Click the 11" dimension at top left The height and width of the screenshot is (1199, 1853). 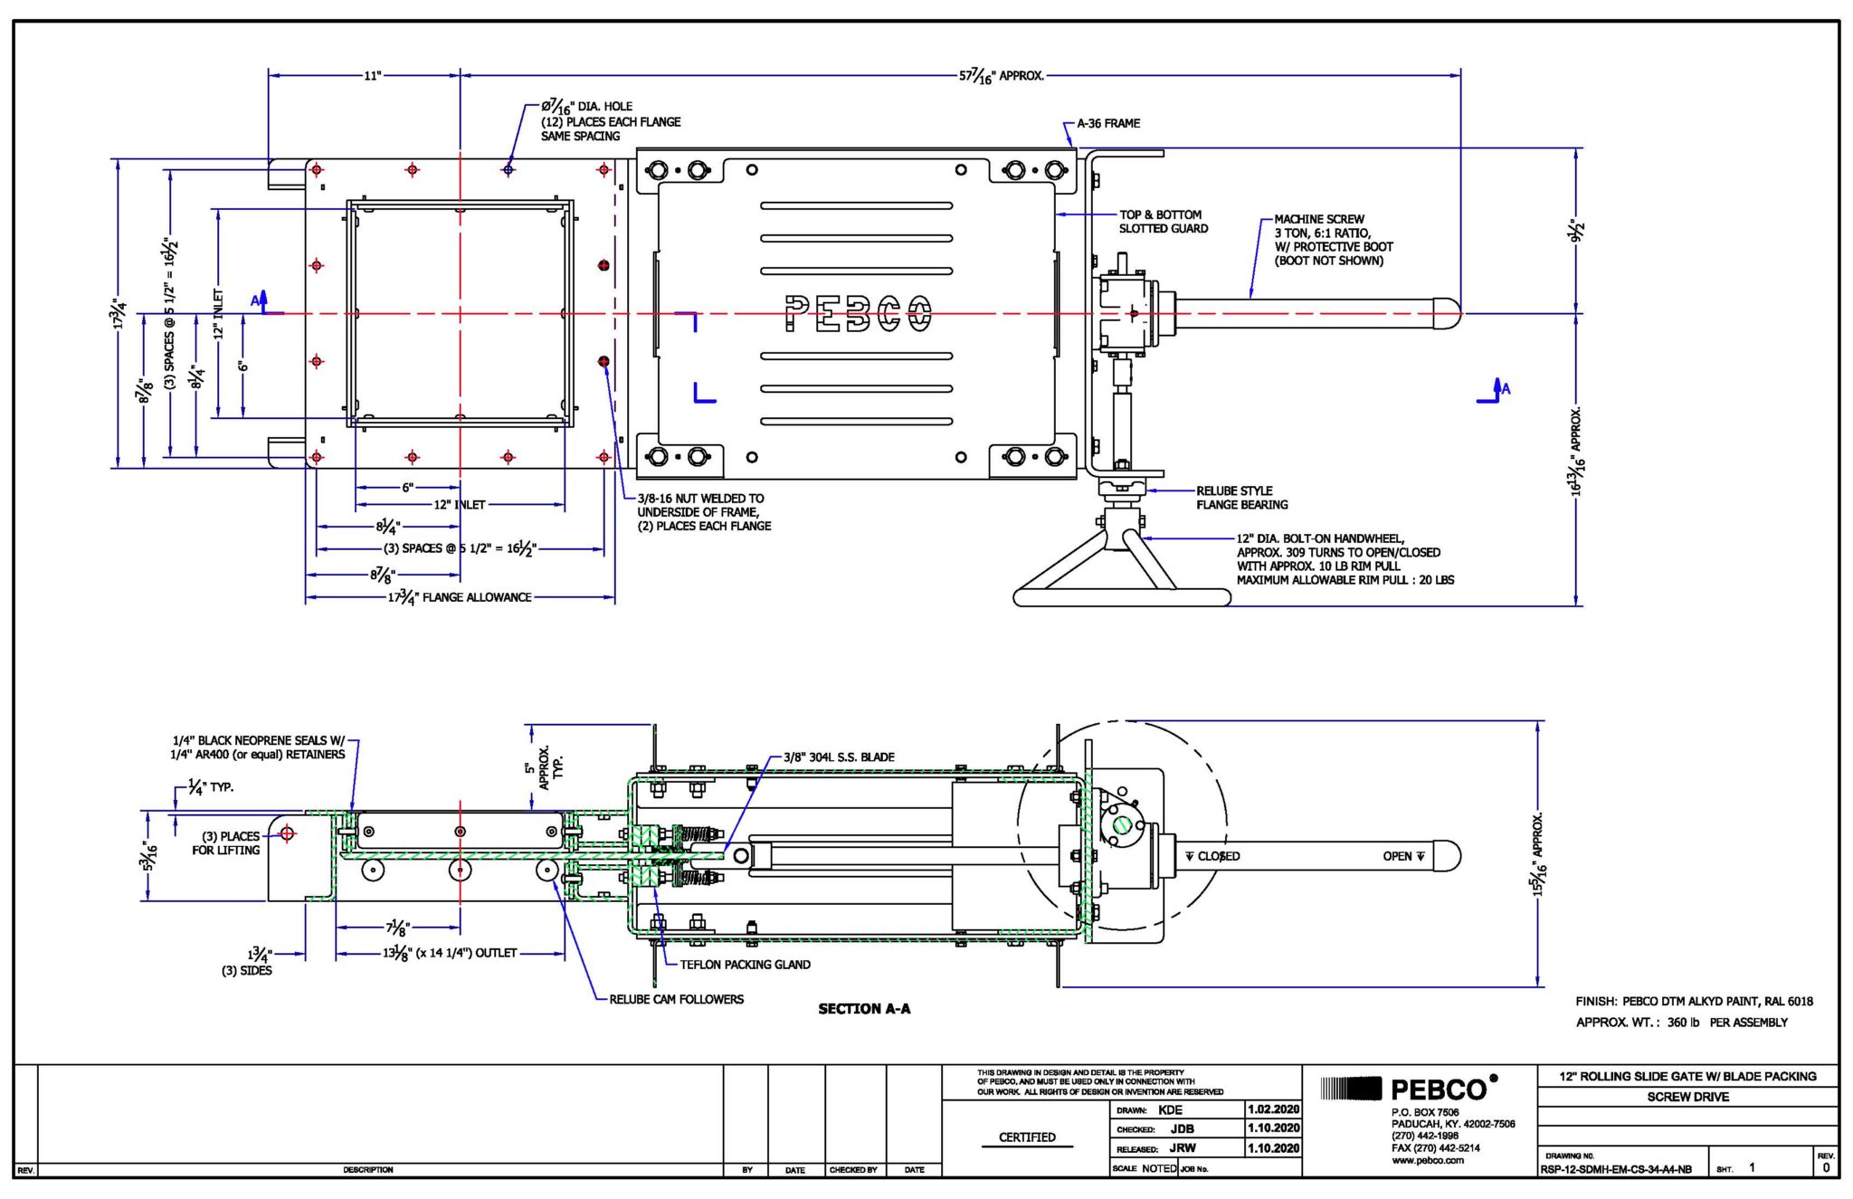click(x=372, y=76)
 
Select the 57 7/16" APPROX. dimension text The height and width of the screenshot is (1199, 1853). click(x=1001, y=76)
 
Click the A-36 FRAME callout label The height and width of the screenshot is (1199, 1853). click(x=1107, y=123)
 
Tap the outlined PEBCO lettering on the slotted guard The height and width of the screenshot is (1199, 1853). click(x=857, y=314)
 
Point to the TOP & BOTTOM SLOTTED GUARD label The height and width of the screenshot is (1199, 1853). click(x=1163, y=222)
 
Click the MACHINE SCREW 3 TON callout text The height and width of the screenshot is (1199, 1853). click(x=1333, y=240)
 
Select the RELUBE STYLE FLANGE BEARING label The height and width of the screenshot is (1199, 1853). click(x=1241, y=498)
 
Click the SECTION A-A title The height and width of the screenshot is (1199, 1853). click(x=864, y=1008)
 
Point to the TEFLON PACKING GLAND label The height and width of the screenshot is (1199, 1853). click(x=745, y=965)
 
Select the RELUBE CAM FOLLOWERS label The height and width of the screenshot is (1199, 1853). click(x=676, y=999)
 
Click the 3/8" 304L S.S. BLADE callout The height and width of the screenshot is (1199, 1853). click(x=838, y=757)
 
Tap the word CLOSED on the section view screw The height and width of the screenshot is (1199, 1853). click(x=1218, y=856)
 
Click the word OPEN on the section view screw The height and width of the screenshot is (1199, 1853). click(x=1397, y=856)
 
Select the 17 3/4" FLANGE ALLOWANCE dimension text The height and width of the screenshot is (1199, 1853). click(x=460, y=597)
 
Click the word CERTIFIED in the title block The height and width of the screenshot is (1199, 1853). click(x=1027, y=1137)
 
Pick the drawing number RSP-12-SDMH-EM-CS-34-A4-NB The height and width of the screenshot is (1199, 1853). click(x=1616, y=1169)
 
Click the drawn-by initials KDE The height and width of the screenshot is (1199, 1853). click(x=1170, y=1109)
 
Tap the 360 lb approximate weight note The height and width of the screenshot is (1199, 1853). click(x=1683, y=1023)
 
